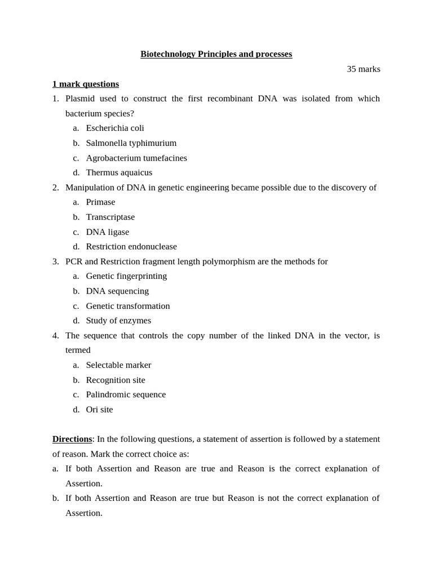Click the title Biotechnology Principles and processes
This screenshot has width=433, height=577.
point(216,54)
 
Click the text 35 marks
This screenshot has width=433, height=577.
point(363,69)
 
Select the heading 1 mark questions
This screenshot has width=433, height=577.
point(86,84)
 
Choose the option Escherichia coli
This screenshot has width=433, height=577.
point(115,128)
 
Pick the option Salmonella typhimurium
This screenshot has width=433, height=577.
point(131,143)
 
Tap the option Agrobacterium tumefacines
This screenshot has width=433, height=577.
point(136,158)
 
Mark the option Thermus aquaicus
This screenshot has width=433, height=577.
point(119,172)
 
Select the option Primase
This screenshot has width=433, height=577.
point(100,202)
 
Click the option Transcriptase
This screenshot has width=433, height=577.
point(111,217)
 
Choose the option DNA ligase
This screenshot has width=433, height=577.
point(107,232)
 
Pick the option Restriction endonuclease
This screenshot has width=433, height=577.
point(131,246)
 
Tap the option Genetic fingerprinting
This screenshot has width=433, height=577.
point(126,276)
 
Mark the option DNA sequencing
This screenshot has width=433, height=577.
point(117,291)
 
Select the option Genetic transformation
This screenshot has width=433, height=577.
point(128,306)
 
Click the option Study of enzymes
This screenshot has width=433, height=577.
point(118,321)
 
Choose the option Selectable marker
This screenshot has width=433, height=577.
point(118,365)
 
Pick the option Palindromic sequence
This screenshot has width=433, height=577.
point(126,394)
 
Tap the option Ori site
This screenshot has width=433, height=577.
point(99,410)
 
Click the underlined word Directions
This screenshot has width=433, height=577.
point(72,439)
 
